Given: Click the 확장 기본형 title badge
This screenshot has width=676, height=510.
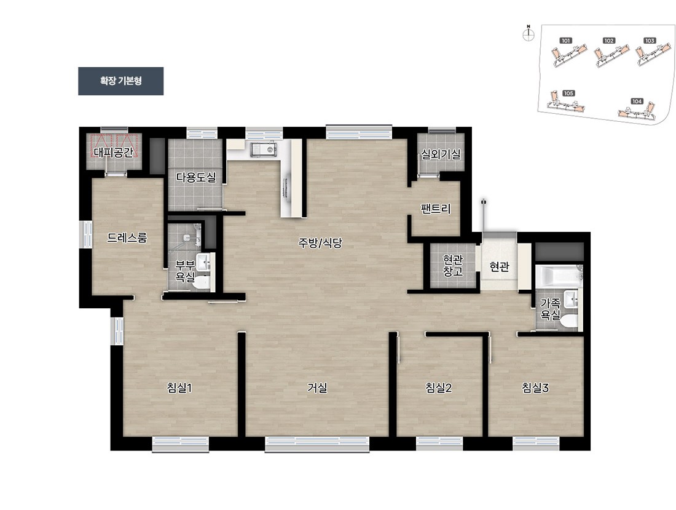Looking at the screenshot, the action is (120, 81).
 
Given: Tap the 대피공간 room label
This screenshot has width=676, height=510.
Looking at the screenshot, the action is (114, 153).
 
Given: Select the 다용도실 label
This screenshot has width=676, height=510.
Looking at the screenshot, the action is (196, 177).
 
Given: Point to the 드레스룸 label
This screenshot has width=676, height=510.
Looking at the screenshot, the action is (127, 237).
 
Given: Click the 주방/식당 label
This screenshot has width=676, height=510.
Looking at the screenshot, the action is (320, 243).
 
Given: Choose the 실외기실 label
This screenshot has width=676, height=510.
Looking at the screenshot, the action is (441, 154).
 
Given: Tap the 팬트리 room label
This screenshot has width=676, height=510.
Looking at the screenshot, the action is (436, 209).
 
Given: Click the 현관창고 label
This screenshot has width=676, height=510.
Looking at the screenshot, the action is (453, 265).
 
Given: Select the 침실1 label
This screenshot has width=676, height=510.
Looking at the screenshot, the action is (179, 388).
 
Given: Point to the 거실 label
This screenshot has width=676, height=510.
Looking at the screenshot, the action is (317, 388).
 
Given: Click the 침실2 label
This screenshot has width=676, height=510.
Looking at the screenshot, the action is (438, 388).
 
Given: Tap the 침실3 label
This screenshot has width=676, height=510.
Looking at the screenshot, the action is (535, 388).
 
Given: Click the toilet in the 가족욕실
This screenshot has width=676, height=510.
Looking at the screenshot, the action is (570, 321).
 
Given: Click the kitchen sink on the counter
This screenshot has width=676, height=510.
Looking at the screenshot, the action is (264, 149).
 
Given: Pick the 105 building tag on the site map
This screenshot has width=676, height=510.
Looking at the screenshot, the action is (568, 93).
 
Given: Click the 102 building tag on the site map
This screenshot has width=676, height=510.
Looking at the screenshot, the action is (609, 41).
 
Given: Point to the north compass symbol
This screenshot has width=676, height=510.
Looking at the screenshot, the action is (529, 34).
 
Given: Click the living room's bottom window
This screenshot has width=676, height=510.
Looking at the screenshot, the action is (317, 444).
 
